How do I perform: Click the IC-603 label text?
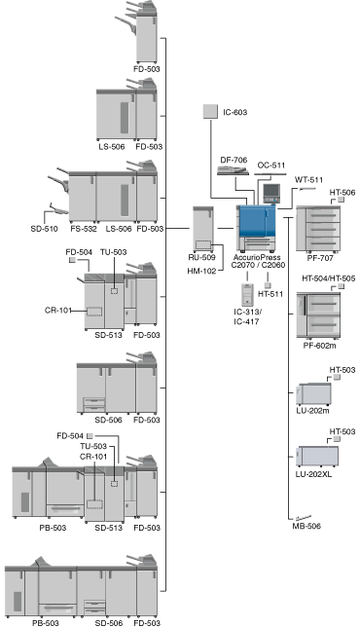[x=235, y=112]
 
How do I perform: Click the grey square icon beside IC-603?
[x=210, y=111]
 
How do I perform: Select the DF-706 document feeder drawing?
[x=233, y=170]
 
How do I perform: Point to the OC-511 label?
[x=271, y=165]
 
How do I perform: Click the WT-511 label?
[x=308, y=180]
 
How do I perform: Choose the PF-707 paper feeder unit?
[x=318, y=229]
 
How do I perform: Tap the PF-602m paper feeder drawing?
[x=318, y=315]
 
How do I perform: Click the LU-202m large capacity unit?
[x=313, y=394]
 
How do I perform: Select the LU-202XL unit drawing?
[x=317, y=457]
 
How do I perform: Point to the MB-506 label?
[x=306, y=526]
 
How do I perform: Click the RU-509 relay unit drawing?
[x=203, y=230]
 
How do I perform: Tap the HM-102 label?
[x=201, y=271]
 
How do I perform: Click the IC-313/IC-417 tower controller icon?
[x=247, y=295]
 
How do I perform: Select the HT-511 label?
[x=270, y=294]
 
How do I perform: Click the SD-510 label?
[x=44, y=229]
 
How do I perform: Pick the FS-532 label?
[x=84, y=229]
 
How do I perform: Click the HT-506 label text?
[x=342, y=193]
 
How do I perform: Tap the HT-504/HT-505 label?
[x=328, y=278]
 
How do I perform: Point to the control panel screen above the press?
[x=271, y=193]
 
